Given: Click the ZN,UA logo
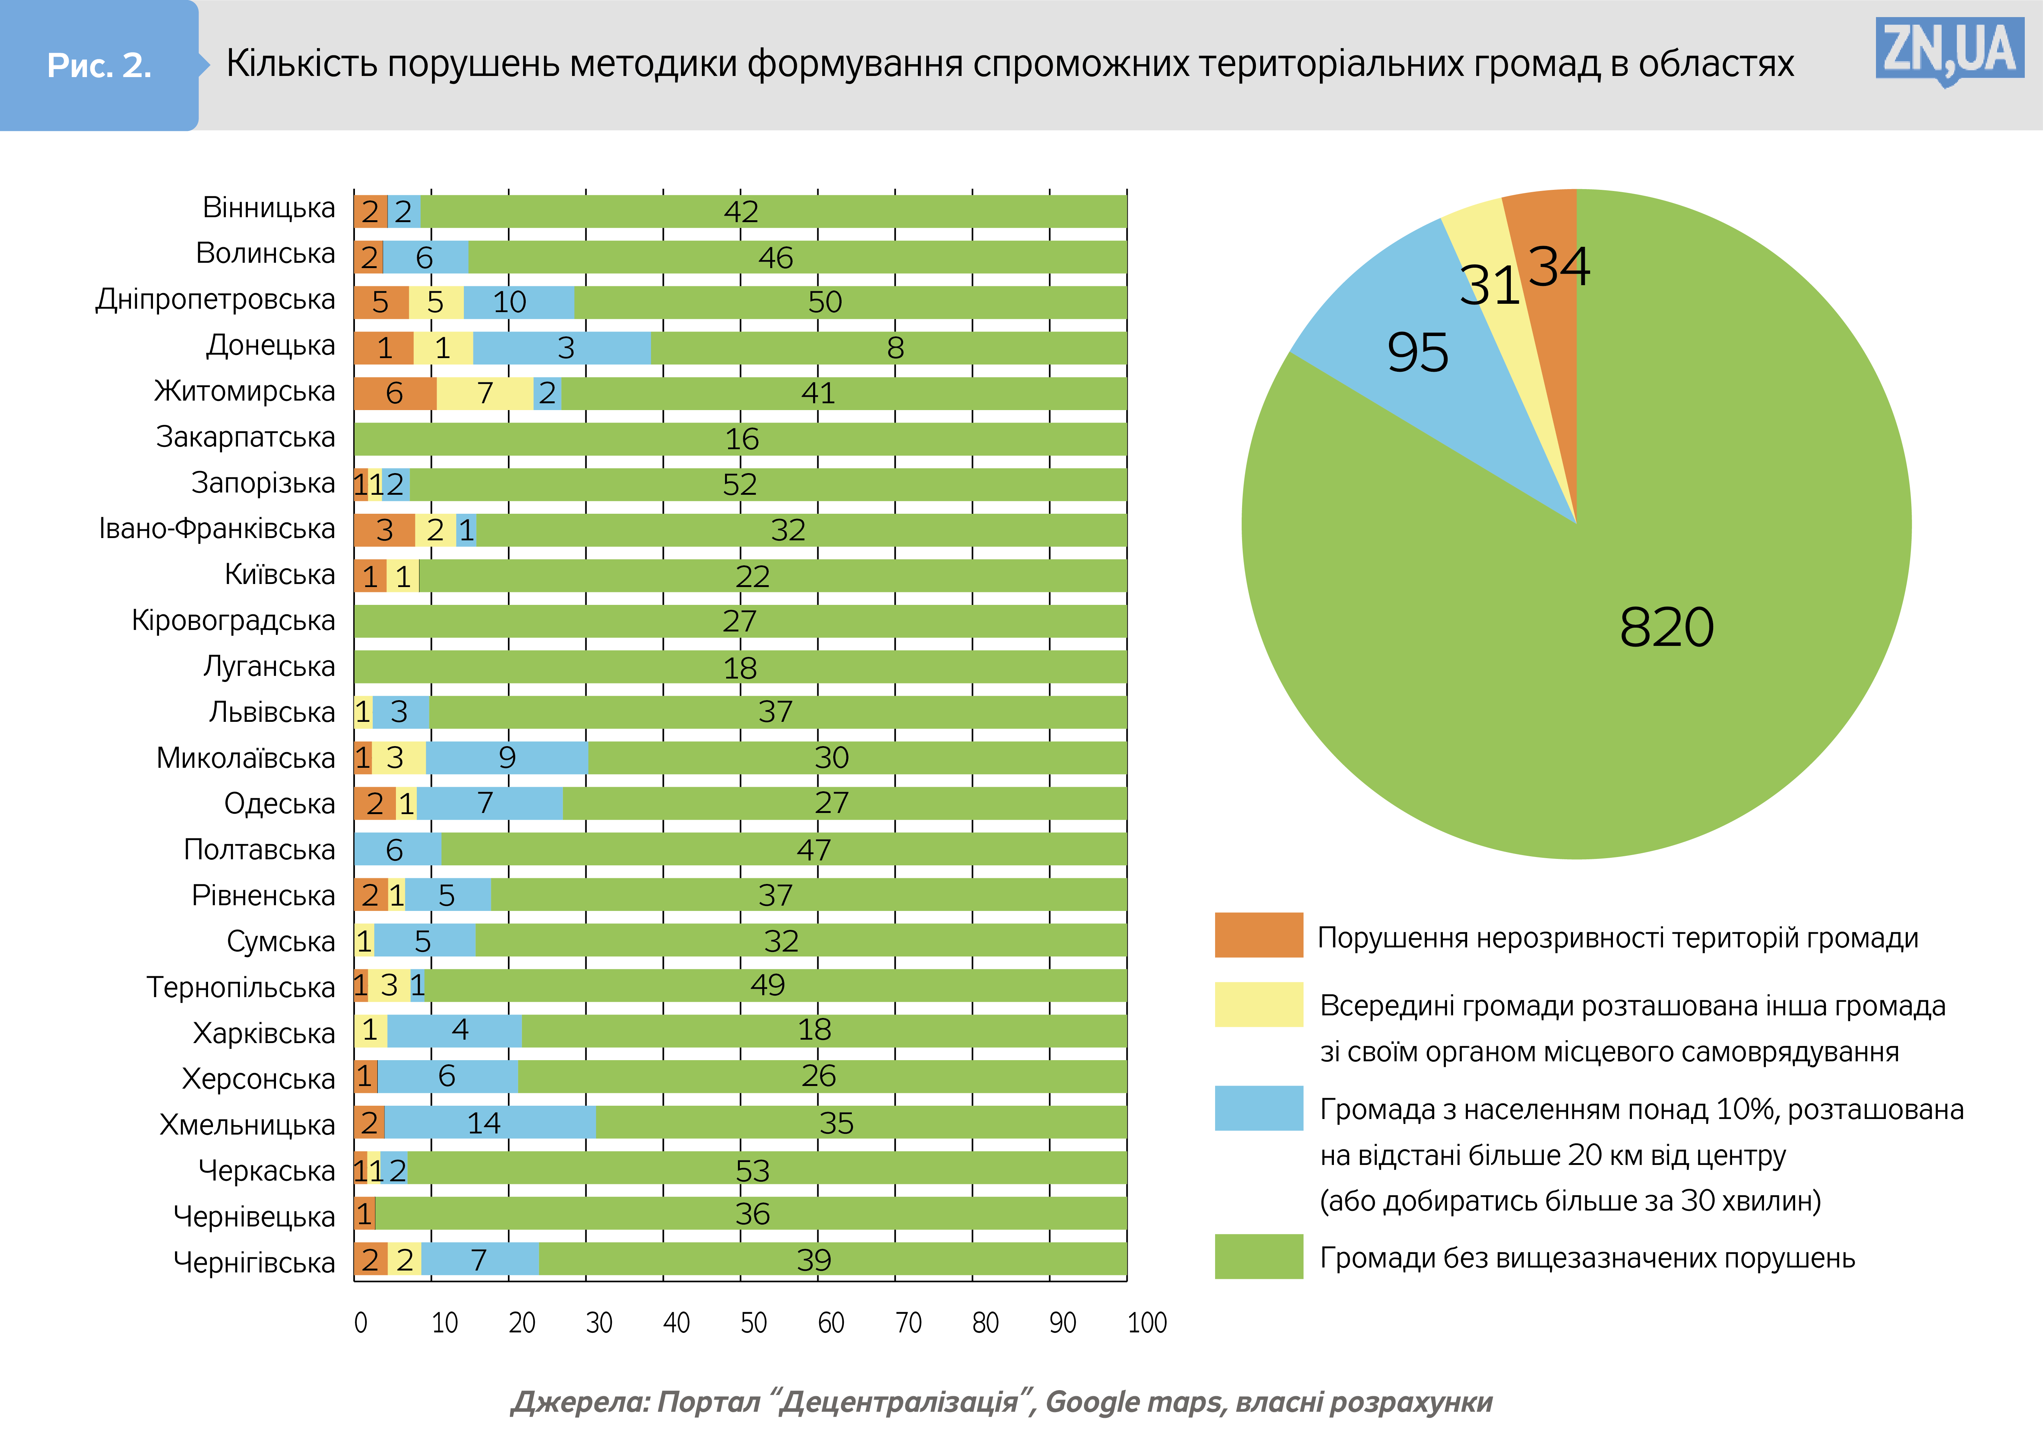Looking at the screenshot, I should pos(1949,51).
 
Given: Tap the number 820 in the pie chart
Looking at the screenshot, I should pos(1666,628).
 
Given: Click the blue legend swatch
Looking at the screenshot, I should pos(1258,1108).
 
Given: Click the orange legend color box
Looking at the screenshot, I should pos(1258,936).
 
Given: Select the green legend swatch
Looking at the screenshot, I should pos(1258,1257).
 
